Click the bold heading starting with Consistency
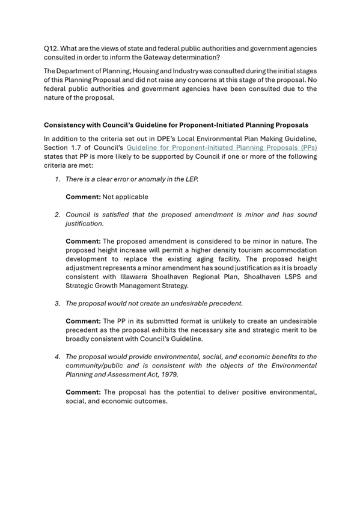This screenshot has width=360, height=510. click(176, 125)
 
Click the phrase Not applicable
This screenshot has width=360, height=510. click(125, 197)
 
